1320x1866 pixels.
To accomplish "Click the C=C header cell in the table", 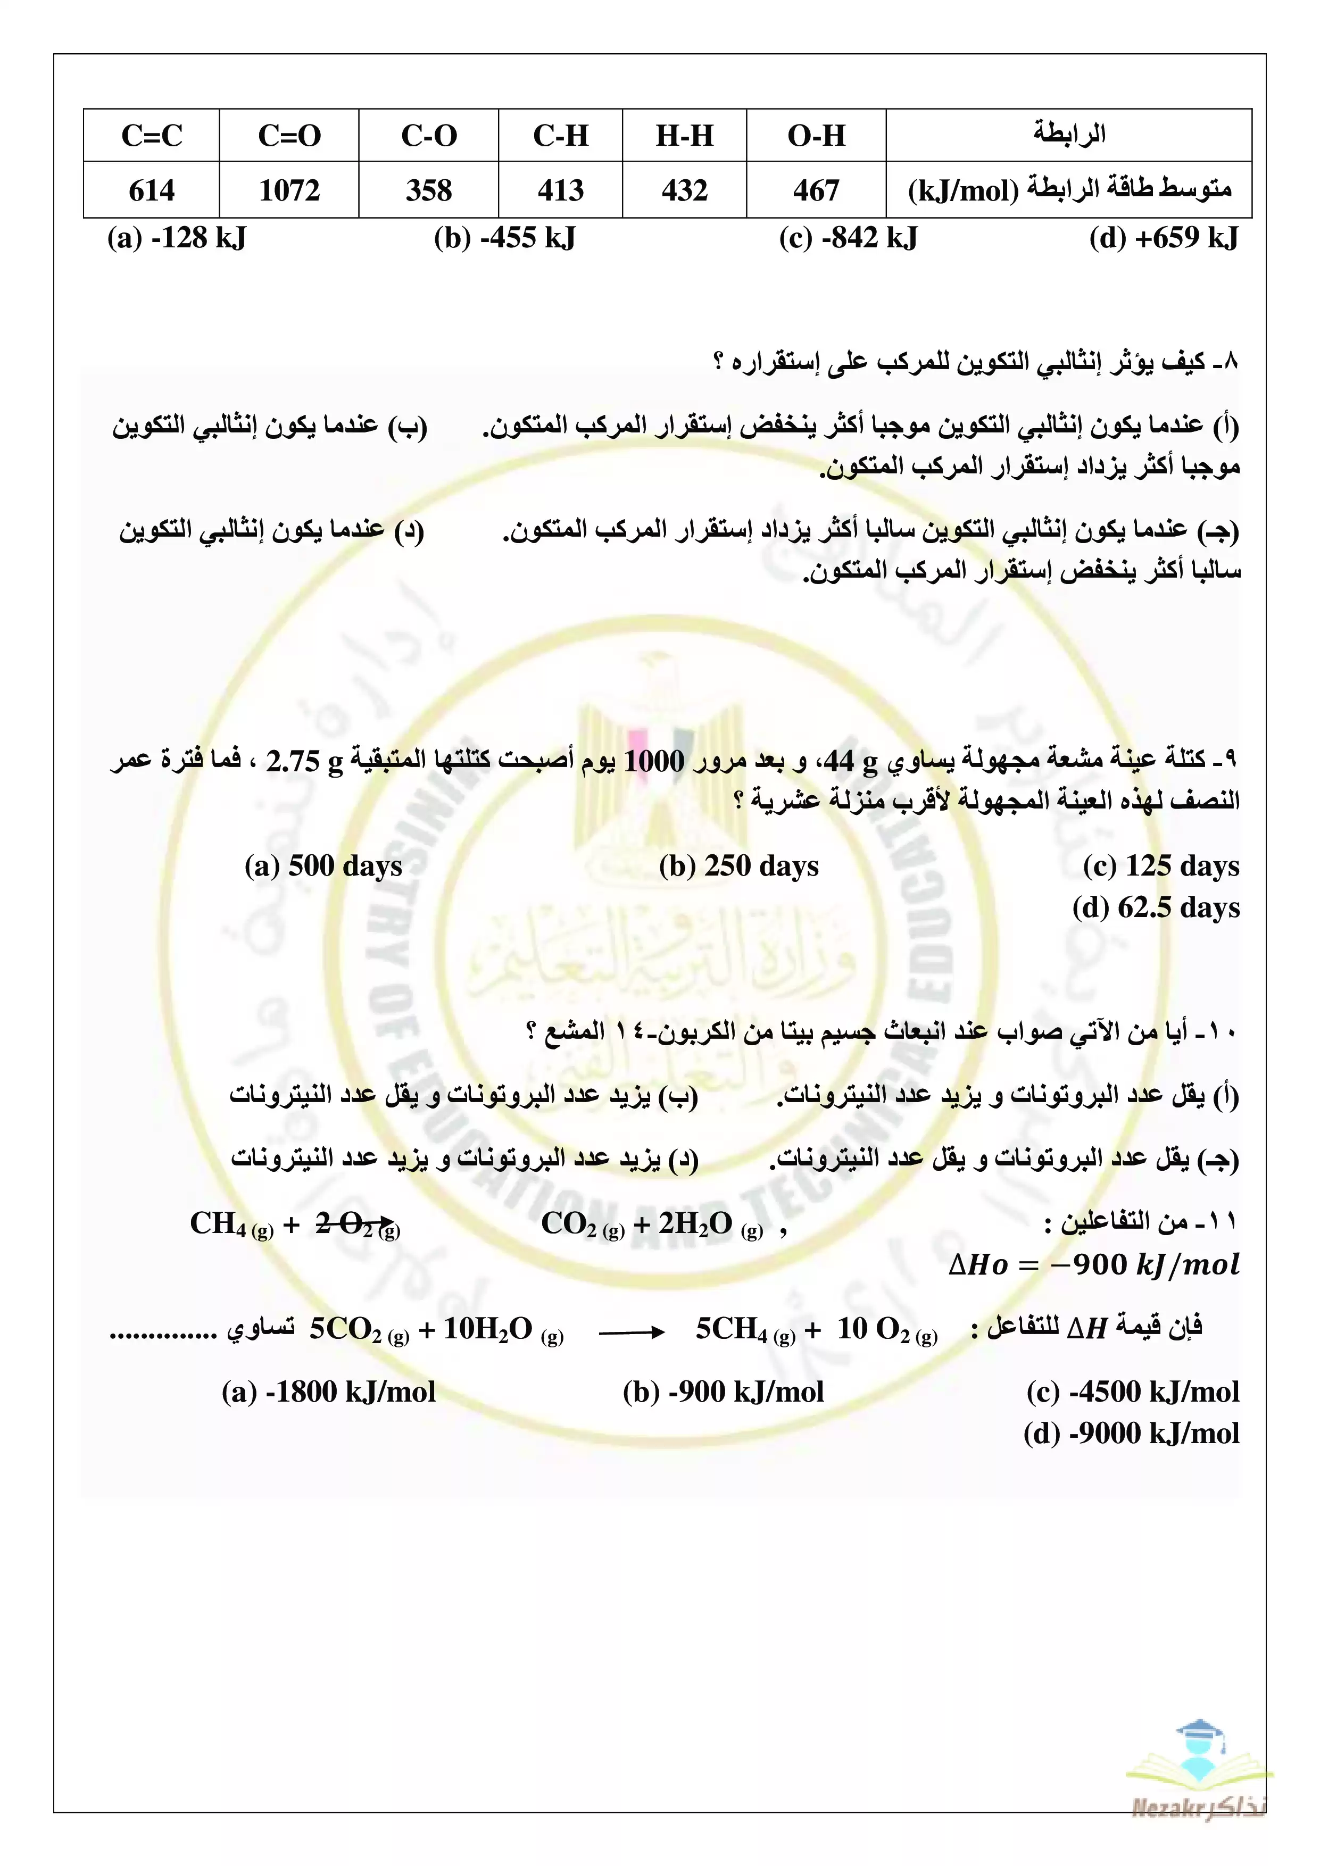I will [x=152, y=135].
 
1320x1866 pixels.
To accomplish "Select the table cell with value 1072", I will [x=289, y=190].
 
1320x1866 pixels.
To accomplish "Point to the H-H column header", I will [x=684, y=135].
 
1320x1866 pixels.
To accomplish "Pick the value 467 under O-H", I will [x=816, y=190].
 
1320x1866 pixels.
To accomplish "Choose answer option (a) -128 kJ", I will [x=177, y=238].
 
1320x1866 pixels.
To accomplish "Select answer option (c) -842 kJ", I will [x=848, y=238].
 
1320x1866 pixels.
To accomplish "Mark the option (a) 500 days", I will [x=323, y=865].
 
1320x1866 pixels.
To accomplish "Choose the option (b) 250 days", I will [x=739, y=865].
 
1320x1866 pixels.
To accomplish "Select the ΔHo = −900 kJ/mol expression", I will [x=1094, y=1264].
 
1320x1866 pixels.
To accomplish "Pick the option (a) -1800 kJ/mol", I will [x=328, y=1392].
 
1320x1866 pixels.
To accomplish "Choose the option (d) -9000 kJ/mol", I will [x=1132, y=1434].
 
